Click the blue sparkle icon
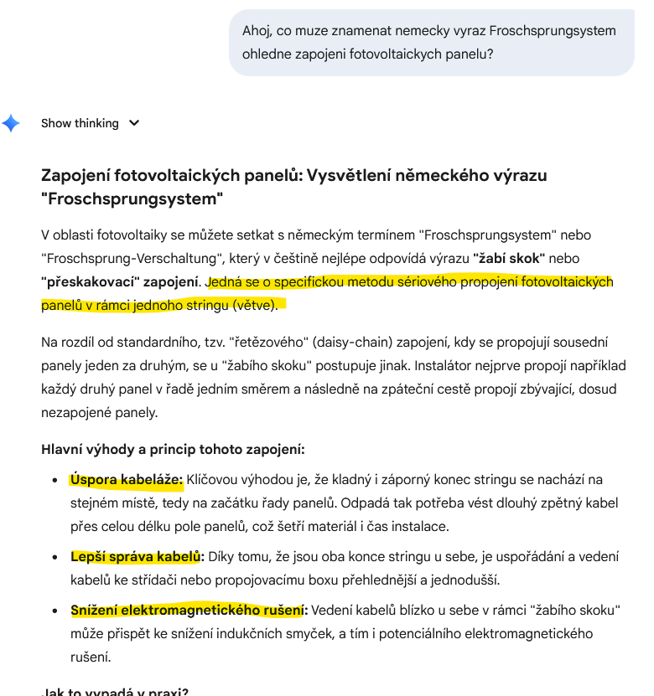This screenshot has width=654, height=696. [11, 123]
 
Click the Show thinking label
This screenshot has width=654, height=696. [80, 123]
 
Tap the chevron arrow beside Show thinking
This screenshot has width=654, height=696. [133, 123]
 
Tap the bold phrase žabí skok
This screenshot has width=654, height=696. [509, 259]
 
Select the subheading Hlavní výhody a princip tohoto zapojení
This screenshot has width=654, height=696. [173, 449]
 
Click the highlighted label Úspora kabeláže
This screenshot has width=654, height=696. [126, 480]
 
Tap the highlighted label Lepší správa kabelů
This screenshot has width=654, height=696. [137, 557]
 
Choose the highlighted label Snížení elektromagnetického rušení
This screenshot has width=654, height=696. [189, 611]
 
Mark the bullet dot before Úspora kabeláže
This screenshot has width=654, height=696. [55, 481]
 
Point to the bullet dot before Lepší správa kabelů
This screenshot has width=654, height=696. [55, 558]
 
